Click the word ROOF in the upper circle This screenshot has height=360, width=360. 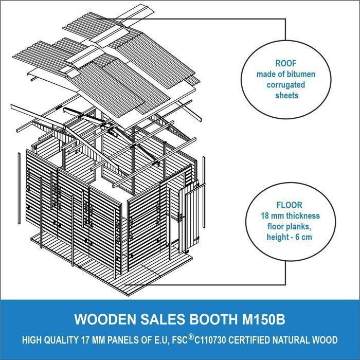coord(286,63)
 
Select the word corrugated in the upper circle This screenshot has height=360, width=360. coord(286,85)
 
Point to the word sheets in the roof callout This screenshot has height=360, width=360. coord(287,95)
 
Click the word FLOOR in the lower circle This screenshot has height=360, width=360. coord(289,205)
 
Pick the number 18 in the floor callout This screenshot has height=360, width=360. coord(265,216)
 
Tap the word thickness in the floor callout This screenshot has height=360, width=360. coord(302,216)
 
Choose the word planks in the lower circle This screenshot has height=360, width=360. coord(298,227)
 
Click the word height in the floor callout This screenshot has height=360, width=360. coord(278,237)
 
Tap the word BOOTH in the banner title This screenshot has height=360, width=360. coord(213,319)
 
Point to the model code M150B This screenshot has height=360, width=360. coord(263,319)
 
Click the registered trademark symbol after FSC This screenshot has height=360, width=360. coord(191,337)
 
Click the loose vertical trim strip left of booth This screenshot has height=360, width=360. coord(19,188)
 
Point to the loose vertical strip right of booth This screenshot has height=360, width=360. coord(204,192)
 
